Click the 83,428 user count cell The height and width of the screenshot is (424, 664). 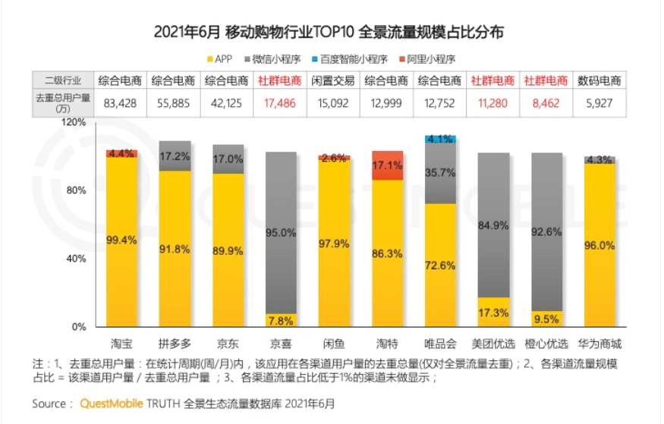[121, 102]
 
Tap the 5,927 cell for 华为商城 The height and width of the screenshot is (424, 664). [599, 102]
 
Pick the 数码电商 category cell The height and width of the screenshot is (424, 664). [599, 80]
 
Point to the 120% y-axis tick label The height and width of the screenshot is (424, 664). [74, 122]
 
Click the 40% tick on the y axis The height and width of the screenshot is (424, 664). [76, 259]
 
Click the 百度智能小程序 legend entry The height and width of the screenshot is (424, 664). [354, 58]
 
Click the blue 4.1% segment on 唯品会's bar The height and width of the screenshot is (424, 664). [441, 140]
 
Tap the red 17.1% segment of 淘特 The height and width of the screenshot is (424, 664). [388, 165]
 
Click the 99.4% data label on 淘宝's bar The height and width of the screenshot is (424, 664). [121, 240]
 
